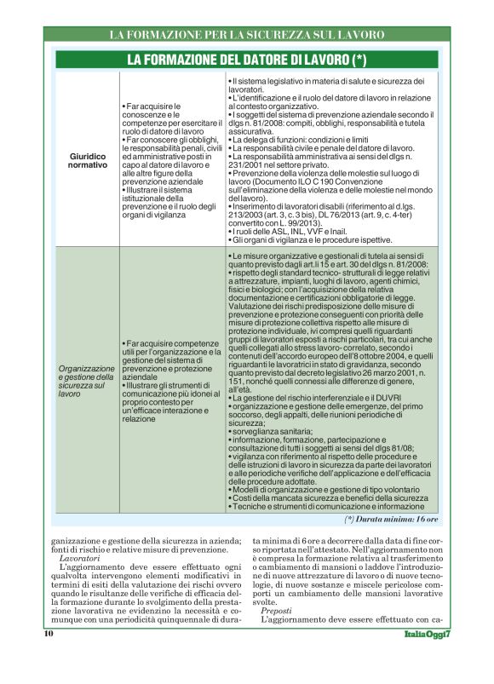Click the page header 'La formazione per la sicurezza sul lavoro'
click(x=246, y=35)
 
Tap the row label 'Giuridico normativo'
click(x=88, y=159)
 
